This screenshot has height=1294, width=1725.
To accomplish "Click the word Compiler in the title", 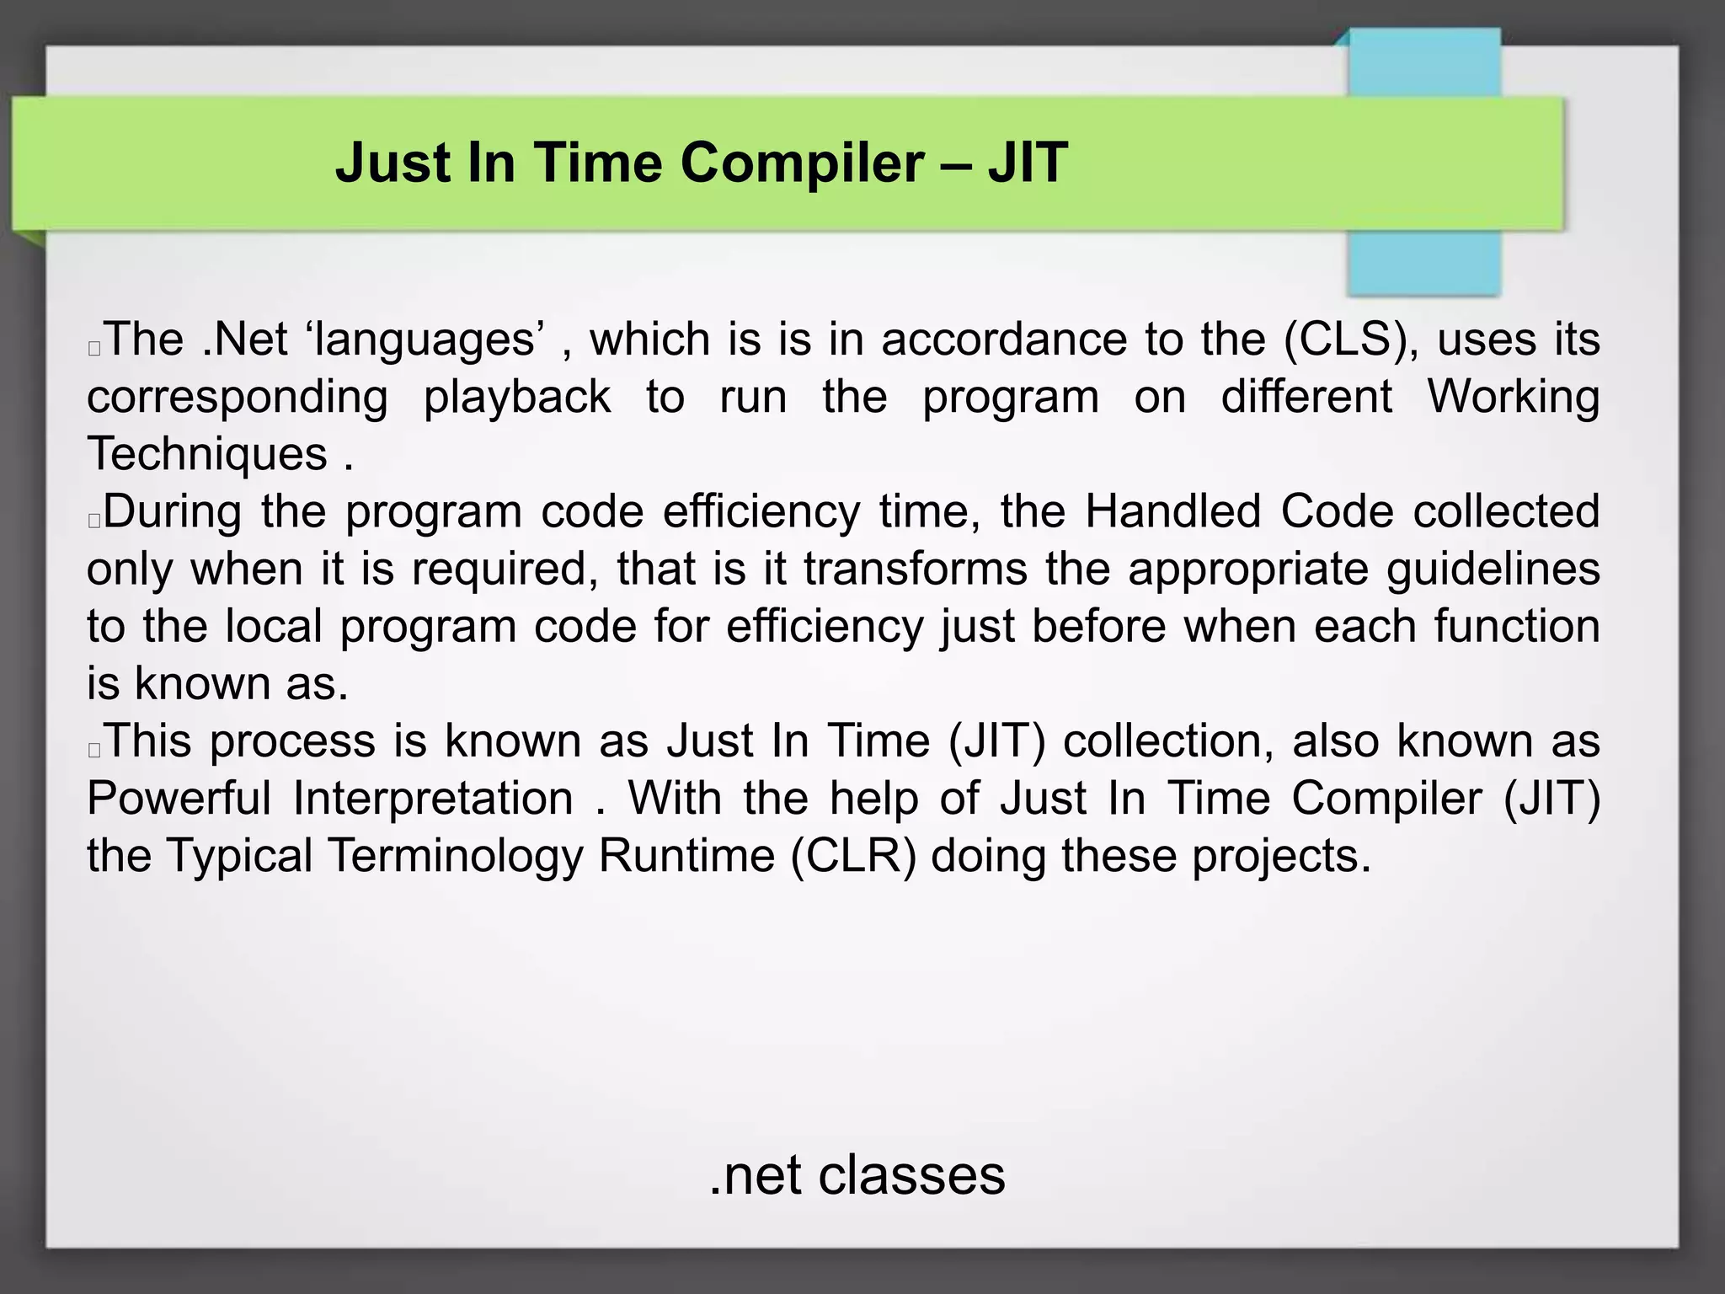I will [801, 163].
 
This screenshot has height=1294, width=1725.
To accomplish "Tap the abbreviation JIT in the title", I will [1028, 163].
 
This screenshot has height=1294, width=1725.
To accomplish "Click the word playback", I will [516, 397].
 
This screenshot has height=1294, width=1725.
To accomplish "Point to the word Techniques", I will [207, 454].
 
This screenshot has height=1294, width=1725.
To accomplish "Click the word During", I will [173, 511].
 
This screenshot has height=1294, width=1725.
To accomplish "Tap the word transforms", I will [915, 569].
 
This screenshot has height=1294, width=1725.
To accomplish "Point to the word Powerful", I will [179, 798].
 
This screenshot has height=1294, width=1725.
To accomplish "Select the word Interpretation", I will [433, 798].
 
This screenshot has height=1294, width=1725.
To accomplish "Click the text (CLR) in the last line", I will [852, 855].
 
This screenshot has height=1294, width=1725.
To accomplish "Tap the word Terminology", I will [455, 855].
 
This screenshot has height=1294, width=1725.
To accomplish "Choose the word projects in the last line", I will [1280, 855].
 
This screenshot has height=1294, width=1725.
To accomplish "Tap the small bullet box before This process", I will [94, 749].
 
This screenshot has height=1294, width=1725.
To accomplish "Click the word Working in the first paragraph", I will [1512, 397].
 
